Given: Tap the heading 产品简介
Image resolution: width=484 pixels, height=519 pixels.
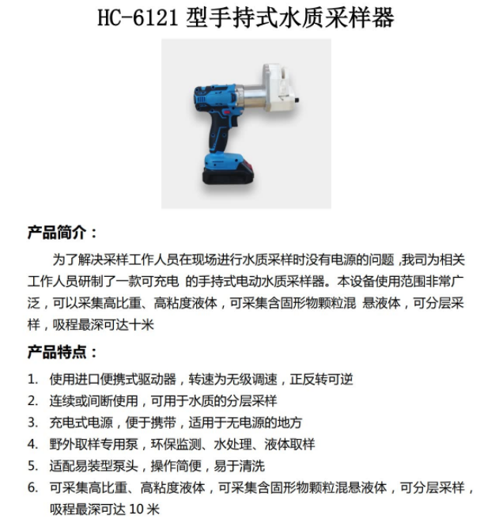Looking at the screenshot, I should pyautogui.click(x=62, y=233).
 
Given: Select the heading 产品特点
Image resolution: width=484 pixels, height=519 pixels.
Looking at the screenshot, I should pyautogui.click(x=62, y=352).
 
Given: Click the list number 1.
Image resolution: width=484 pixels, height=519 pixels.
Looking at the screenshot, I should pyautogui.click(x=32, y=379).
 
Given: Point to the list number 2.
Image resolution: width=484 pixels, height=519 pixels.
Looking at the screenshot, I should pyautogui.click(x=32, y=400).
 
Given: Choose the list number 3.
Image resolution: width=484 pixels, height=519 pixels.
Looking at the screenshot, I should pyautogui.click(x=32, y=422).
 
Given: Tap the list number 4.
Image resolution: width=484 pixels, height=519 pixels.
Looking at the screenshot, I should pyautogui.click(x=32, y=443).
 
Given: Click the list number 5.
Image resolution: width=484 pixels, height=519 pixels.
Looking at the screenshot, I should pyautogui.click(x=32, y=465).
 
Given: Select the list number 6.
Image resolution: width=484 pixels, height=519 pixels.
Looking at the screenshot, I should pyautogui.click(x=32, y=487).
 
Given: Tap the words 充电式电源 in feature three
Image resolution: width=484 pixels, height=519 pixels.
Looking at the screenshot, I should pyautogui.click(x=80, y=422).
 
